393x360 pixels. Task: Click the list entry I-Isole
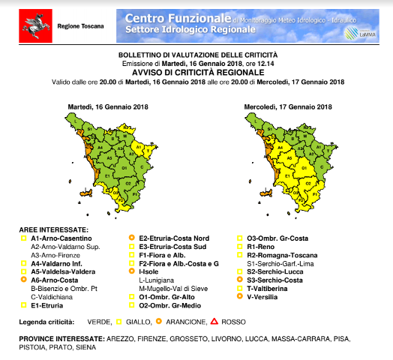click(x=151, y=271)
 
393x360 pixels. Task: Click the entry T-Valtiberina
click(x=269, y=287)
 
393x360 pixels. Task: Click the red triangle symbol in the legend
click(x=214, y=322)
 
